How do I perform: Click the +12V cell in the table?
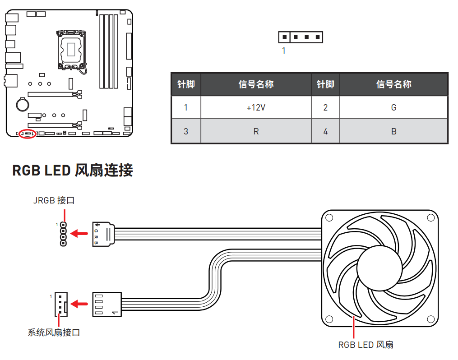256,108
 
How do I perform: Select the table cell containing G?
393,108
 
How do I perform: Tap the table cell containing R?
256,132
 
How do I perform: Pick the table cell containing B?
393,132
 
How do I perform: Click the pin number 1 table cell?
185,108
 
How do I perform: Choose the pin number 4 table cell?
325,132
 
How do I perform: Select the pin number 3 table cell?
185,132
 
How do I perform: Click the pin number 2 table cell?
325,108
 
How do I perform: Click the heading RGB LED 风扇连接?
72,171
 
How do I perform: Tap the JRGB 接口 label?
54,201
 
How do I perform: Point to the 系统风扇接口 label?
54,333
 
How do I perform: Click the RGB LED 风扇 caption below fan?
365,345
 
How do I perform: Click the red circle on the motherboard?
28,134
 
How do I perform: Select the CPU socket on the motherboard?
71,49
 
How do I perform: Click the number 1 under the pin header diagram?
283,51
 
